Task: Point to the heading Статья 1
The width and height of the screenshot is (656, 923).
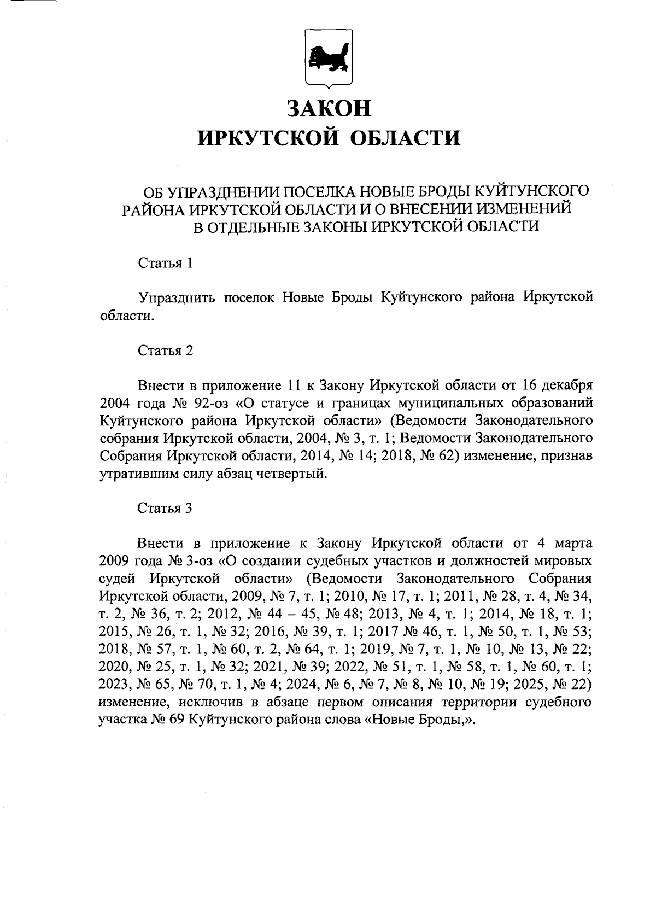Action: [x=165, y=263]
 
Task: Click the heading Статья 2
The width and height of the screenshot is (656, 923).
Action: [x=165, y=350]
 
